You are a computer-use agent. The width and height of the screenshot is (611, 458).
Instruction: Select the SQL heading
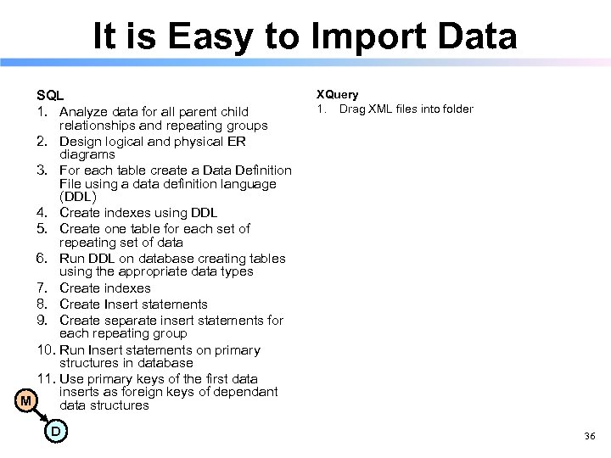(50, 96)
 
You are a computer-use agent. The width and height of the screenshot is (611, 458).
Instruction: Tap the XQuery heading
(337, 94)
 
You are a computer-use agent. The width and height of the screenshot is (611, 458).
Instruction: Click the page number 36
(590, 436)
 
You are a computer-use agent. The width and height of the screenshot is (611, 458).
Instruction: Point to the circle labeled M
(26, 399)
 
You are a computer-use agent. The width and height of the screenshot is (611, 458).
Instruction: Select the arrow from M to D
(41, 416)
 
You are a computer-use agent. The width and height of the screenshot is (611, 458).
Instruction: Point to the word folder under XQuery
(456, 109)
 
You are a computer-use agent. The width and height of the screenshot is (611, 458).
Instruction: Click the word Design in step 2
(81, 142)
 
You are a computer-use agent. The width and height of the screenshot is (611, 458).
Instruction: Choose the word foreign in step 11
(140, 392)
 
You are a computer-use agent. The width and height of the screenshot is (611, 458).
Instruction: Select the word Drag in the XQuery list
(351, 109)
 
